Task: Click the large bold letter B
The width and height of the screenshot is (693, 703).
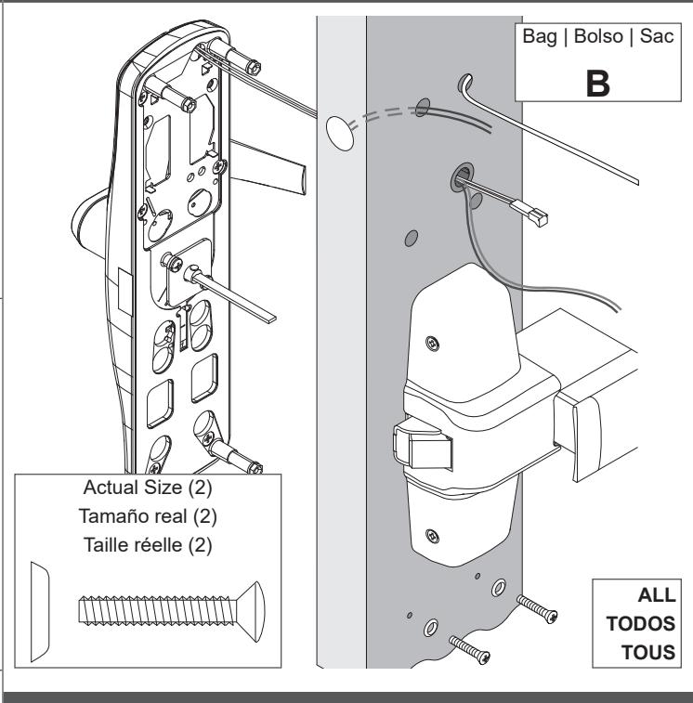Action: click(597, 84)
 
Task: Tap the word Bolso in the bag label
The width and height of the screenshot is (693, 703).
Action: click(598, 36)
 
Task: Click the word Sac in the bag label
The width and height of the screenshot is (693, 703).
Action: click(657, 36)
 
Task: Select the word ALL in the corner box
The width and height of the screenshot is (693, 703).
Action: click(657, 595)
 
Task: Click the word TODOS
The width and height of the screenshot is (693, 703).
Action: click(641, 624)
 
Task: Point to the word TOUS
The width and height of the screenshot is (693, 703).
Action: click(648, 652)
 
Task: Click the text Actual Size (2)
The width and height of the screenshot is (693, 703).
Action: click(148, 488)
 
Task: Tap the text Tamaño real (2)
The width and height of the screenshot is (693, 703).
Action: click(148, 516)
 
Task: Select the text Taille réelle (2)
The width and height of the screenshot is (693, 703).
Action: click(148, 545)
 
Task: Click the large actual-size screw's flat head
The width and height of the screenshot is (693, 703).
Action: click(252, 612)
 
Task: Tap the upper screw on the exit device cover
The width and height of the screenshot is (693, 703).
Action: click(432, 344)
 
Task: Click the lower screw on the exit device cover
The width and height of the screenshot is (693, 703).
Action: click(432, 535)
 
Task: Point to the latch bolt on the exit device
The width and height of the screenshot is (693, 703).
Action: click(423, 445)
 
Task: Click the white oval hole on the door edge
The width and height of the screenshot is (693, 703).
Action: click(340, 133)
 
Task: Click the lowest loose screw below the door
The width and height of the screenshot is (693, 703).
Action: click(470, 650)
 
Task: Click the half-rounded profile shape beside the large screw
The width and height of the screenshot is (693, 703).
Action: click(39, 612)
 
